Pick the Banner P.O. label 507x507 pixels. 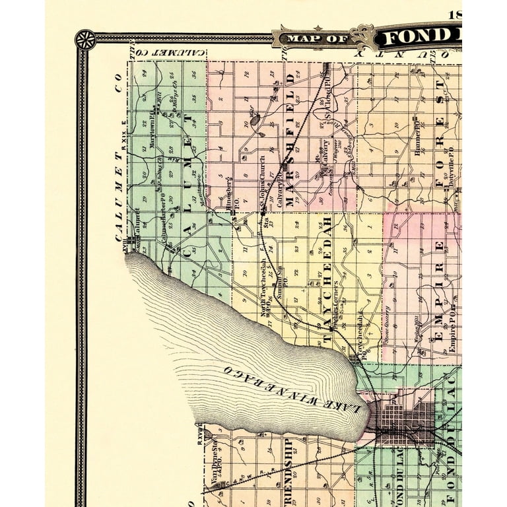coord(417,138)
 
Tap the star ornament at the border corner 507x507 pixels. coord(85,39)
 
